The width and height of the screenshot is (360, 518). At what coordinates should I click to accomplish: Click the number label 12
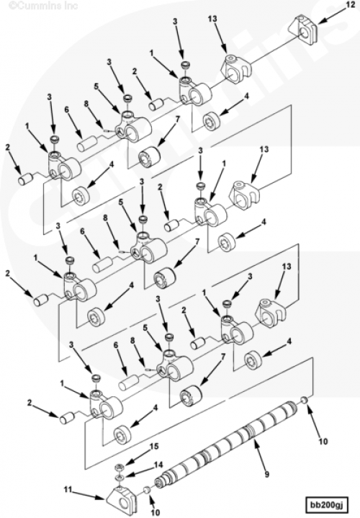pos(350,4)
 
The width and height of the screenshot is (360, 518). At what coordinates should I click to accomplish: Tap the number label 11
pos(68,490)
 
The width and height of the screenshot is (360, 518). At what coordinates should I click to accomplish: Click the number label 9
pos(266,475)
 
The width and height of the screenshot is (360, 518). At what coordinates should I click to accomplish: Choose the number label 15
pos(154,446)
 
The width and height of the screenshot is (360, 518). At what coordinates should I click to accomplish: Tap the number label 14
pos(159,465)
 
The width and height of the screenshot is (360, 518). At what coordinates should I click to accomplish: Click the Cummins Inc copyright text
pos(42,6)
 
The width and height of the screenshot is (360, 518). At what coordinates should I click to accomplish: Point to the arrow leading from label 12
pos(331,14)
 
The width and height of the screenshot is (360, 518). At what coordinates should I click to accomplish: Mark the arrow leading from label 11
pos(89,495)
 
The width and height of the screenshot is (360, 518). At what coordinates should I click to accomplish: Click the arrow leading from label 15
pos(136,458)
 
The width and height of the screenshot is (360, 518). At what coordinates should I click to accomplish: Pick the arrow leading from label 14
pos(139,471)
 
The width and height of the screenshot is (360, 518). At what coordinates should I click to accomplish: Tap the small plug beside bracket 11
pos(148,489)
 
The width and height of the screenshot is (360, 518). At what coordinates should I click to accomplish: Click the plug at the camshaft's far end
pos(304,401)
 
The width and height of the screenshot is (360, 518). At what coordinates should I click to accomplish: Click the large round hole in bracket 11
pos(125,504)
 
